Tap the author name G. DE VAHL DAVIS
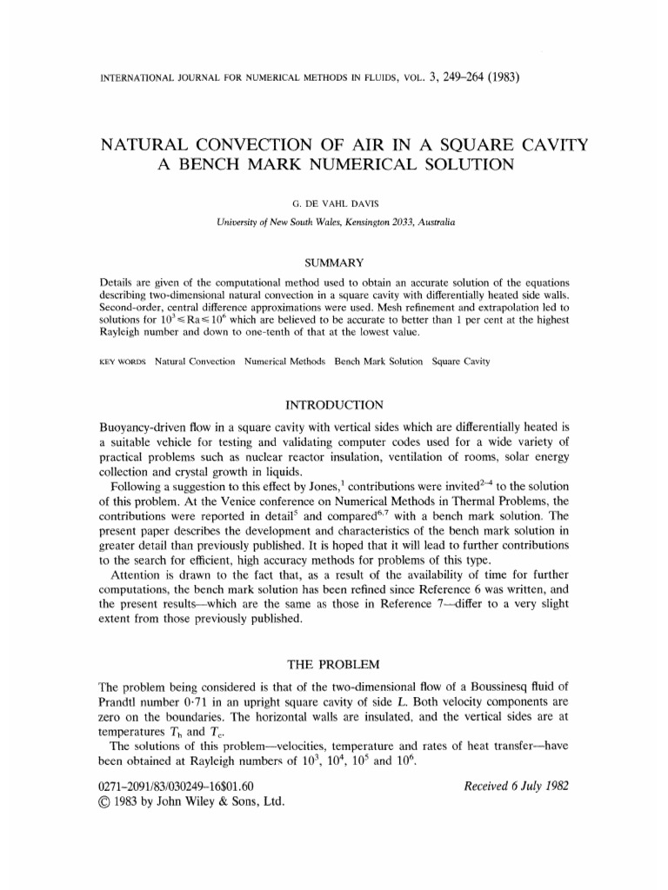coord(334,205)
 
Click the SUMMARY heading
coord(334,262)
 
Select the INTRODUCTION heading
coord(334,405)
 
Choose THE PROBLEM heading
coord(334,664)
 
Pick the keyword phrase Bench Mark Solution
coord(379,361)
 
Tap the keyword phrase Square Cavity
coord(461,361)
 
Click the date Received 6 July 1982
coord(517,787)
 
